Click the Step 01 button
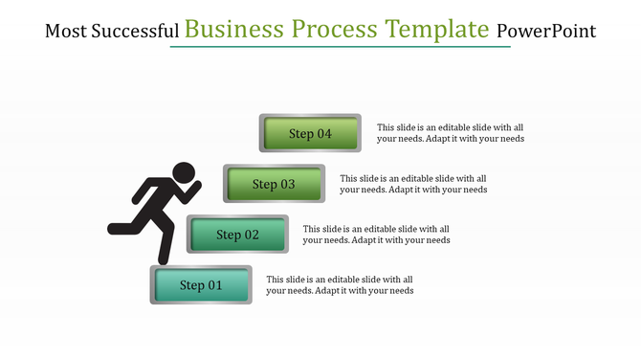pyautogui.click(x=201, y=285)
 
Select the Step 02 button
pyautogui.click(x=237, y=235)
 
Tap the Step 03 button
pyautogui.click(x=274, y=184)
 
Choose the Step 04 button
pyautogui.click(x=310, y=134)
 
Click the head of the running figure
pyautogui.click(x=183, y=173)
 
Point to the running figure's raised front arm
pyautogui.click(x=194, y=193)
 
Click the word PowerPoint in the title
pyautogui.click(x=546, y=32)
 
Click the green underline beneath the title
pyautogui.click(x=340, y=46)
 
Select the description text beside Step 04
pyautogui.click(x=450, y=133)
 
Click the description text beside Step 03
pyautogui.click(x=413, y=184)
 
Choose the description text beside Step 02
pyautogui.click(x=376, y=235)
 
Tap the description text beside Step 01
pyautogui.click(x=340, y=285)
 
